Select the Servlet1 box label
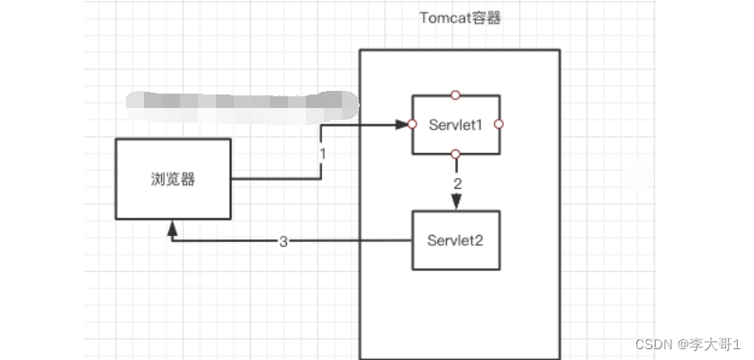point(456,124)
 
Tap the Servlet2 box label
point(456,240)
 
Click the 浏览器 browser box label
point(173,178)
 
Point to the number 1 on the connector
point(322,153)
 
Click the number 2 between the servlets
point(457,184)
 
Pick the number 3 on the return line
point(283,241)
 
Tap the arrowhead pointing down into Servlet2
point(456,204)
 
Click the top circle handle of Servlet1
point(456,94)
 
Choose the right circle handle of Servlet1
point(499,123)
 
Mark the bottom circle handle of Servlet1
point(456,155)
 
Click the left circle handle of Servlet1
point(413,123)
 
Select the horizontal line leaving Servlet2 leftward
point(360,241)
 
